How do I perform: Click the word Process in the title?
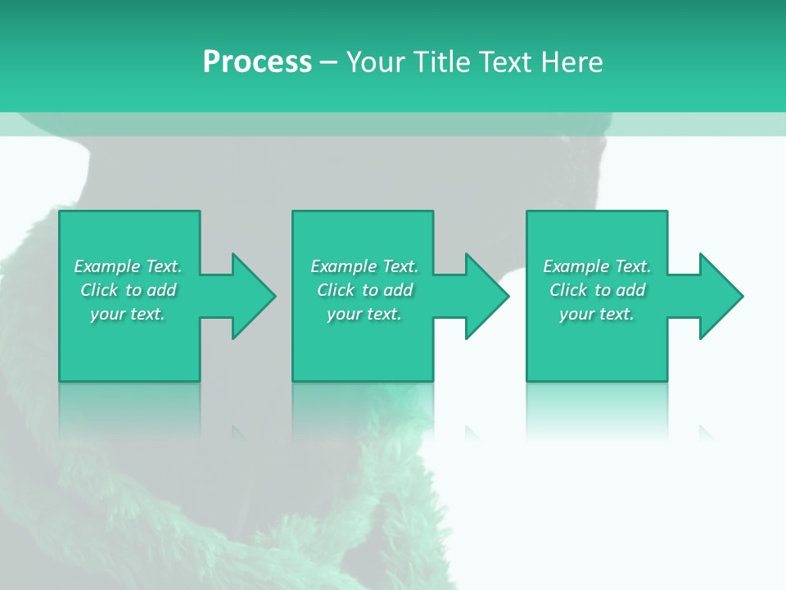[x=257, y=62]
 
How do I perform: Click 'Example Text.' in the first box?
[x=128, y=266]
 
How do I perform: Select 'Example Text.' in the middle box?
[x=364, y=266]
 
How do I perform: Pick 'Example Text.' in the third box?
[x=597, y=266]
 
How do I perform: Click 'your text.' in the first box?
[x=128, y=314]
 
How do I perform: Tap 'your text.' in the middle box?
[x=364, y=314]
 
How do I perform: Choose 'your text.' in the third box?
[x=597, y=314]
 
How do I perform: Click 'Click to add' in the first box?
[x=128, y=290]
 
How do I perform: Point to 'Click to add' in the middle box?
[x=364, y=290]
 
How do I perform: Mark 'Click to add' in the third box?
[x=597, y=290]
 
